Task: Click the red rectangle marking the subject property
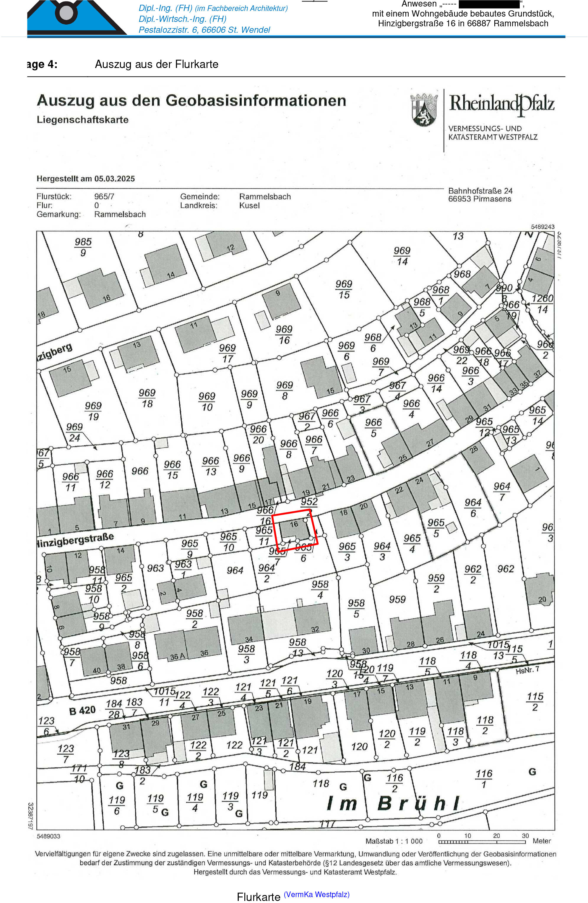pos(295,530)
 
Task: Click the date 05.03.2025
pos(115,179)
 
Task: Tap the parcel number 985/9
pos(83,247)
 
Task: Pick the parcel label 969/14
pos(402,256)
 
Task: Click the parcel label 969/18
pos(147,398)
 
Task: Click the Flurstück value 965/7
pos(104,197)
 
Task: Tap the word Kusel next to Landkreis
pos(249,206)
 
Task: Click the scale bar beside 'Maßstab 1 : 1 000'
pos(482,842)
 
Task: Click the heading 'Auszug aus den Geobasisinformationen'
pos(191,101)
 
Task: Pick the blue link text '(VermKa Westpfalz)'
pos(317,894)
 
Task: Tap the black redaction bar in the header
pos(489,4)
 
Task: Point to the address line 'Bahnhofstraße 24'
pos(480,191)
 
